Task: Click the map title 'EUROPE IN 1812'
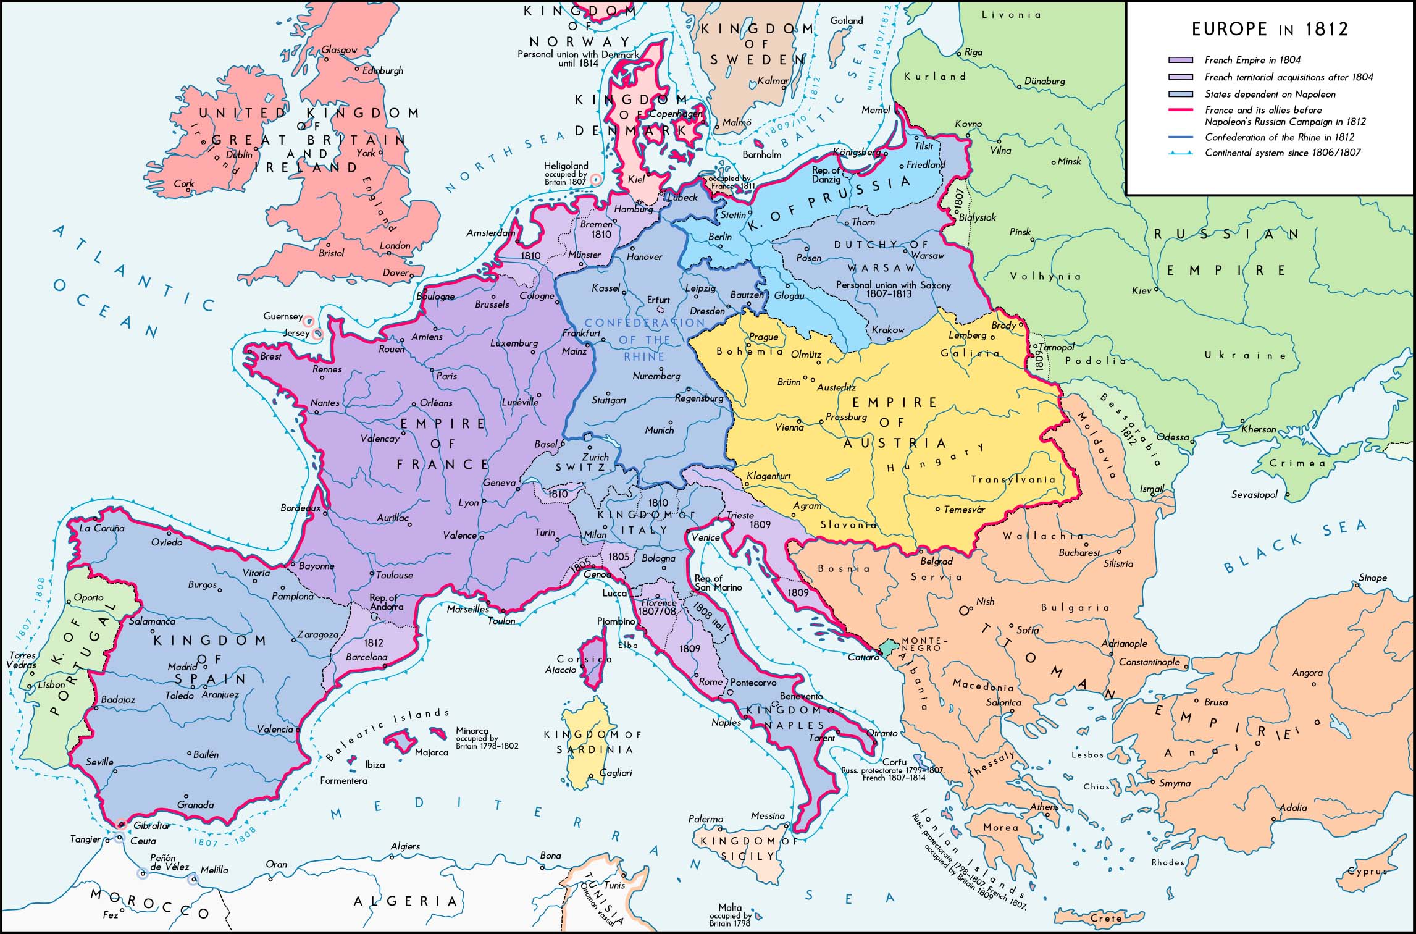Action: [1270, 29]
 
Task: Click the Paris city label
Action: [446, 376]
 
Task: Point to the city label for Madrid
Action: [182, 667]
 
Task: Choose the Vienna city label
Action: [789, 427]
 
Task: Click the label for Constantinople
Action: [1149, 662]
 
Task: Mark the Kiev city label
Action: [1141, 290]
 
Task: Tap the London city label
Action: [395, 245]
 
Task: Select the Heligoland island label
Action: [566, 166]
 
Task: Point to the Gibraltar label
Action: [151, 825]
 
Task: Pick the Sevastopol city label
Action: [1254, 495]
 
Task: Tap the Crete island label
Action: [1105, 918]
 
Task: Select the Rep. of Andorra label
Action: [383, 602]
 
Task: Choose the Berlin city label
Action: [720, 237]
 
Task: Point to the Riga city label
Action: [973, 52]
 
